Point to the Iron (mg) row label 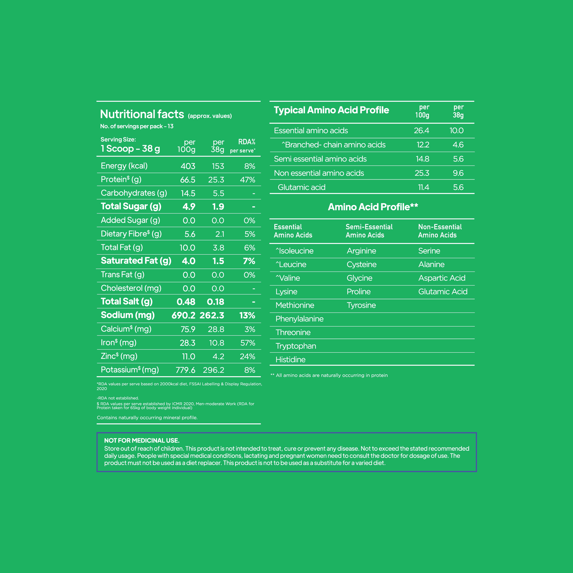point(118,343)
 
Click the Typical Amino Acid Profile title point(331,110)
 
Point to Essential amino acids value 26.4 point(421,130)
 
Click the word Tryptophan point(296,346)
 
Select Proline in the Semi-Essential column point(359,292)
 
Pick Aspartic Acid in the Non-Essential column point(442,278)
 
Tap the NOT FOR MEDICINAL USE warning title point(142,440)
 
